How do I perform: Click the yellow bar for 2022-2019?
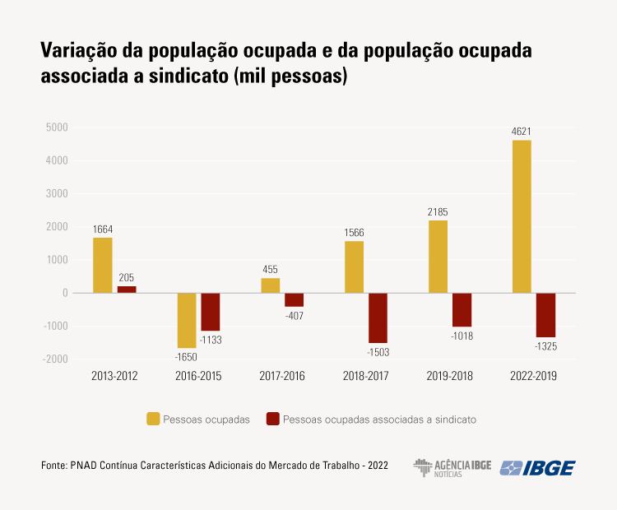click(522, 216)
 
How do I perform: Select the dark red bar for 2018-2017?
click(378, 318)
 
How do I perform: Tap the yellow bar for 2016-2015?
click(187, 320)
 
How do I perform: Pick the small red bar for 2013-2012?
click(127, 290)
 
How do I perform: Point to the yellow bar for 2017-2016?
click(271, 285)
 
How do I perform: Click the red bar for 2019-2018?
click(462, 309)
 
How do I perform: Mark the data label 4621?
click(522, 131)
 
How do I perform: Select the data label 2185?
click(438, 211)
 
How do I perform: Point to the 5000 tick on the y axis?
click(57, 128)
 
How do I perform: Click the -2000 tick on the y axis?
click(54, 359)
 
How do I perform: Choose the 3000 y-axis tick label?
click(57, 194)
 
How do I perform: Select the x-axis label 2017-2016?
click(282, 377)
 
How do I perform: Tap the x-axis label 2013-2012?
click(114, 377)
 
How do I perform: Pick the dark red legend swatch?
click(273, 419)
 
